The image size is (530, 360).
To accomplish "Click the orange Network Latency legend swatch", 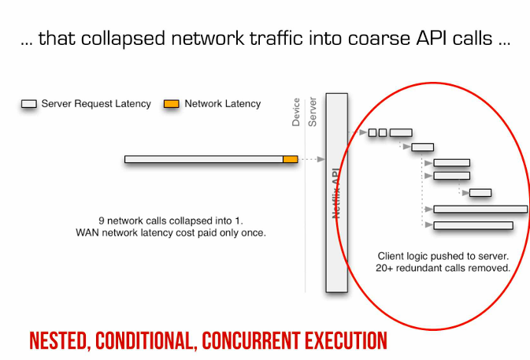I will click(171, 104).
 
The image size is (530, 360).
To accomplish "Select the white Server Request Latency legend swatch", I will click(29, 104).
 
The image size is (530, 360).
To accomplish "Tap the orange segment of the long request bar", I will click(291, 159).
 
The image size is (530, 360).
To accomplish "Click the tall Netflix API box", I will click(336, 192).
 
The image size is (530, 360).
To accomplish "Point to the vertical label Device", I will click(296, 112).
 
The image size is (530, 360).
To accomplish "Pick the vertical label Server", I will click(312, 112).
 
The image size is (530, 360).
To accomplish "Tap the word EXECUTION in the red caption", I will click(348, 341).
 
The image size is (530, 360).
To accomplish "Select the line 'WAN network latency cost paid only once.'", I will click(170, 232).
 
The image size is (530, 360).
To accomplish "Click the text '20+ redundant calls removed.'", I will click(443, 268).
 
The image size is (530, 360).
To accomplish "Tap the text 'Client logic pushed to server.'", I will click(443, 256).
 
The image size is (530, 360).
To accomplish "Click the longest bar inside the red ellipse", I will click(480, 209).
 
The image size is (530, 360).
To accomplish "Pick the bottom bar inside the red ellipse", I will click(473, 225).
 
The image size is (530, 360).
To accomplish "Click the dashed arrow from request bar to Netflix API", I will click(312, 159).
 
